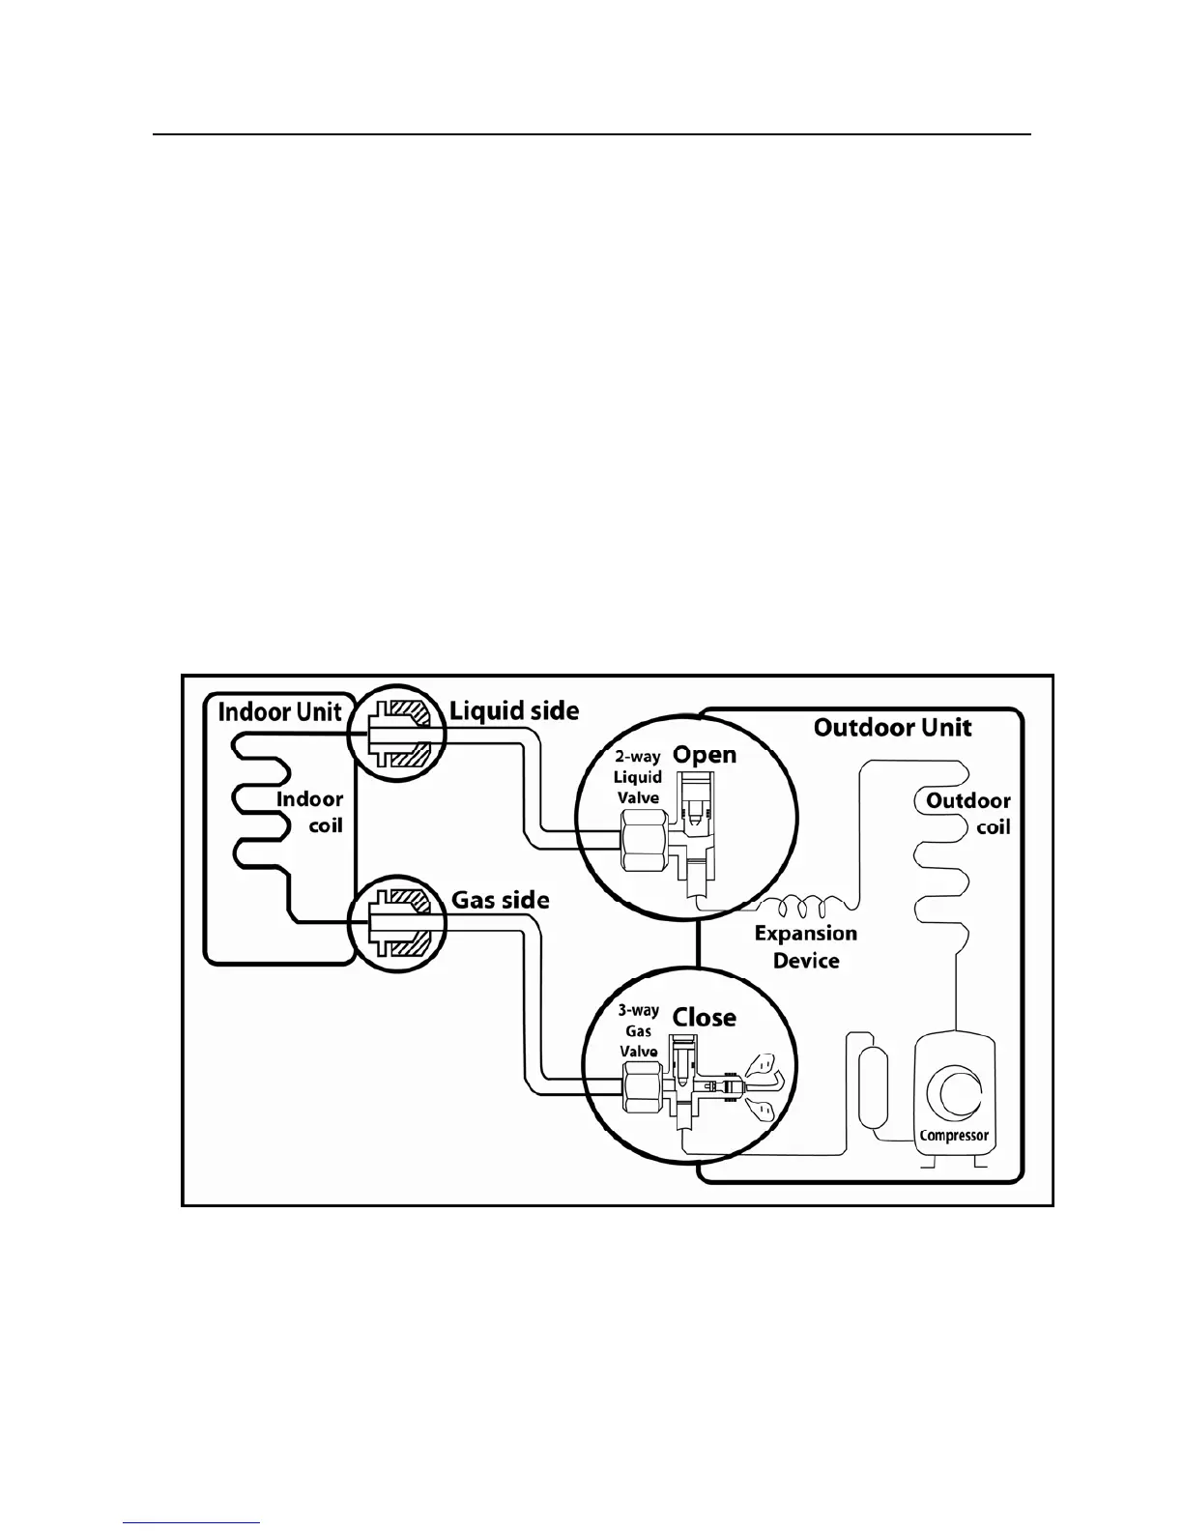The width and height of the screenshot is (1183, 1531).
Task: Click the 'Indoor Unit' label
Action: (279, 712)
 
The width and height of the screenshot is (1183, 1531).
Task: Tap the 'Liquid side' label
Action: (514, 711)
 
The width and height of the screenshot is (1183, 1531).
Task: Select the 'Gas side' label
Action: (501, 900)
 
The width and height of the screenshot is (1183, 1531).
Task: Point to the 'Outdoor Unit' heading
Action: (892, 728)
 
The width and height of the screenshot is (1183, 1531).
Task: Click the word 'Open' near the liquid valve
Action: (705, 755)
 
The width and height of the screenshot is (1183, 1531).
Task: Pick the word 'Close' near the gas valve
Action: (705, 1018)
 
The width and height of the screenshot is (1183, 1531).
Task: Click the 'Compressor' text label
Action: (954, 1136)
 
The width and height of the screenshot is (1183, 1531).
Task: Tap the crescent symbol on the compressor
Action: (951, 1091)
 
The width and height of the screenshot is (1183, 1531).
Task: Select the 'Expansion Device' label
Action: (806, 947)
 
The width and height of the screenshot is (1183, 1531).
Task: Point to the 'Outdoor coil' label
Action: (968, 814)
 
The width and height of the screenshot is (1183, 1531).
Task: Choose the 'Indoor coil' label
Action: (310, 813)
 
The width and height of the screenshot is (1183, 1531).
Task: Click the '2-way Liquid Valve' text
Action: (638, 777)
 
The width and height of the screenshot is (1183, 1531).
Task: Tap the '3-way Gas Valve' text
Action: (638, 1031)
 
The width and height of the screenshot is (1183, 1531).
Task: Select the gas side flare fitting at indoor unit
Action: (397, 923)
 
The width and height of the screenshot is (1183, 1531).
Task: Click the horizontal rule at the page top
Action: (592, 135)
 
